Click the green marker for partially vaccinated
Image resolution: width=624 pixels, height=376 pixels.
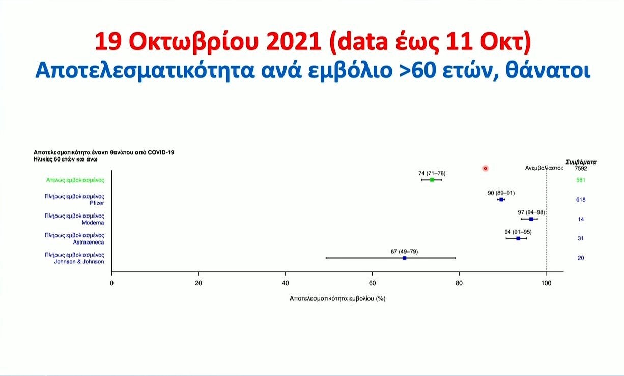point(432,180)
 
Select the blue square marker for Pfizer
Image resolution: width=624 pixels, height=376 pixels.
point(501,199)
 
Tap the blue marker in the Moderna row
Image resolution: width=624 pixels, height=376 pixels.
point(531,219)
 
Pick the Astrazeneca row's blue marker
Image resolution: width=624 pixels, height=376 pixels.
point(518,238)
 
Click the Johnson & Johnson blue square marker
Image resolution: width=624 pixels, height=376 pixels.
point(405,258)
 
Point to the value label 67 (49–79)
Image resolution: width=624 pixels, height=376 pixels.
point(404,252)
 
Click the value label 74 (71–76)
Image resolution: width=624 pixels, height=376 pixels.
point(432,174)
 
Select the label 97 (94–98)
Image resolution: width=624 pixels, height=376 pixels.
point(531,212)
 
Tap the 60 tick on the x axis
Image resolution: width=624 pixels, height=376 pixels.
point(372,283)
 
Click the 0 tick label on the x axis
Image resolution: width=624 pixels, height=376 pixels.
point(111,283)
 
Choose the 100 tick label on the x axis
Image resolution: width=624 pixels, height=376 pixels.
point(546,283)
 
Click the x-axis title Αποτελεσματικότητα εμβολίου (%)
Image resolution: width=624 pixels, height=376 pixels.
point(337,299)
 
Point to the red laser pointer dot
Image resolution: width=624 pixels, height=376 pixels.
point(485,169)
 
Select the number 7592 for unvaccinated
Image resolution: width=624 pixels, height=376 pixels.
point(581,169)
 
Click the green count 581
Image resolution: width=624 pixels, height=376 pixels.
point(581,180)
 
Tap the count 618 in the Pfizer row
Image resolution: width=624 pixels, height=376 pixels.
point(581,200)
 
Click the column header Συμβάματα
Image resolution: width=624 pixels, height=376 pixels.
point(581,162)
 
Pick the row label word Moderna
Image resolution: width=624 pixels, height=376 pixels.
point(93,223)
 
